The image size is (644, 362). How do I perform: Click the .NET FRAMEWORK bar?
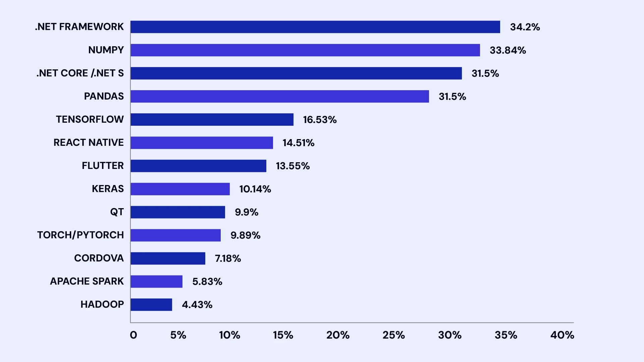315,27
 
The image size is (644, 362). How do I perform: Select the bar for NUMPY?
305,50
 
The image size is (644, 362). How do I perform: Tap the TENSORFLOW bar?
212,119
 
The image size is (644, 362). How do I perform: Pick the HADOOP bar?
151,304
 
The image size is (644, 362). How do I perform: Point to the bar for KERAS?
180,189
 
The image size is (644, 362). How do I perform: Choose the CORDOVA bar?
168,258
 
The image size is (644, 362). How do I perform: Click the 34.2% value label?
525,27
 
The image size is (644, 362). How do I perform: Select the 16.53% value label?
320,120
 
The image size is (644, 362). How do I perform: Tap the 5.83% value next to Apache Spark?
207,282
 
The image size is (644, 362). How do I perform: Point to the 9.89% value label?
246,235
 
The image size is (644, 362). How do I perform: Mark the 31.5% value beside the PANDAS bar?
452,97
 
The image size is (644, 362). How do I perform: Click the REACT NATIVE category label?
89,142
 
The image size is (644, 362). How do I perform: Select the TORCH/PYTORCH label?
80,235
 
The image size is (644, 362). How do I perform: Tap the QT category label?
117,212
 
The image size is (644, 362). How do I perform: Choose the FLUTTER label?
103,166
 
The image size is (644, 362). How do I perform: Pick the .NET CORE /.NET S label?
80,73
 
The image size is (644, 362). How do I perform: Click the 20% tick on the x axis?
338,335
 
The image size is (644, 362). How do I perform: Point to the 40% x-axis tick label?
562,335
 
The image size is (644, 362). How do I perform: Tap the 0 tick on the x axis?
133,335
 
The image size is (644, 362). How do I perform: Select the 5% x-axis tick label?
178,335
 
